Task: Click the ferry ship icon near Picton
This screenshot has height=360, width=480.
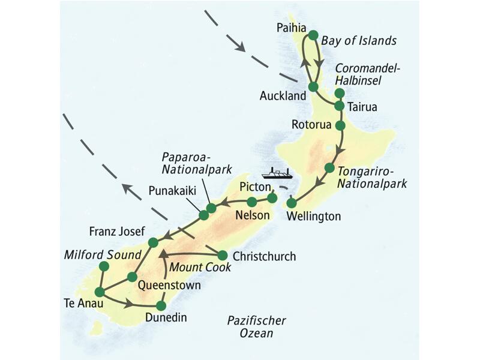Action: pos(280,173)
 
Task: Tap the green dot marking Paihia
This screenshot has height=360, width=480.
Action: pos(312,35)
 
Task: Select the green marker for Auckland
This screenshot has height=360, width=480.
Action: pos(313,86)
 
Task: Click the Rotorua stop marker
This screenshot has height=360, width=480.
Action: pos(340,125)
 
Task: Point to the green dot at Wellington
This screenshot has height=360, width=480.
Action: pos(292,202)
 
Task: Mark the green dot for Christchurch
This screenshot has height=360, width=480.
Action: pos(222,254)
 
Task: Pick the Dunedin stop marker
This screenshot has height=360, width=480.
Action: pos(160,304)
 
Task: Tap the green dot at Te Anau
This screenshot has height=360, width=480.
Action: pos(100,292)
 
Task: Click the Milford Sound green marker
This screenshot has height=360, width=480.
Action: pos(104,266)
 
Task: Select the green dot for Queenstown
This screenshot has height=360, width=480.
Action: pos(132,277)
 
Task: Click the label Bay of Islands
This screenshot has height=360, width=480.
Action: pos(359,41)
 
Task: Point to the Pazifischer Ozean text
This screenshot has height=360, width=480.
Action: pos(256,326)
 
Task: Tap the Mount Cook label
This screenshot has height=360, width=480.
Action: pos(200,268)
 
